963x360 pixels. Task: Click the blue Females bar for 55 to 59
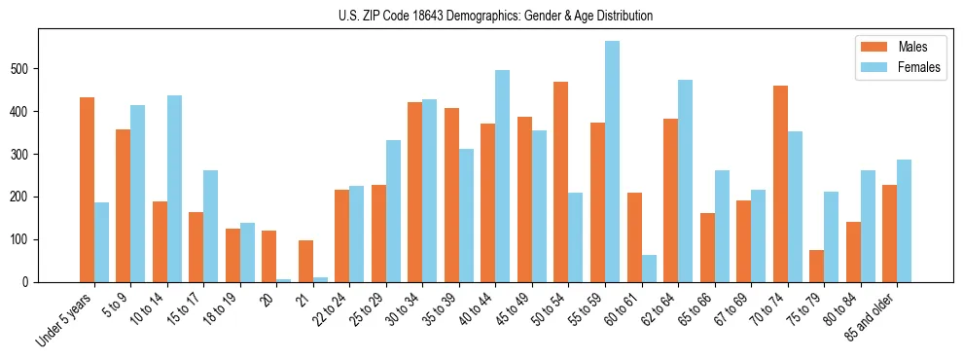pyautogui.click(x=612, y=162)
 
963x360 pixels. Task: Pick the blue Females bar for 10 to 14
pyautogui.click(x=174, y=189)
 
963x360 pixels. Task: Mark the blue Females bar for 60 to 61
pyautogui.click(x=649, y=269)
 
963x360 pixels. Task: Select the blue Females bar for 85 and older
pyautogui.click(x=904, y=221)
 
